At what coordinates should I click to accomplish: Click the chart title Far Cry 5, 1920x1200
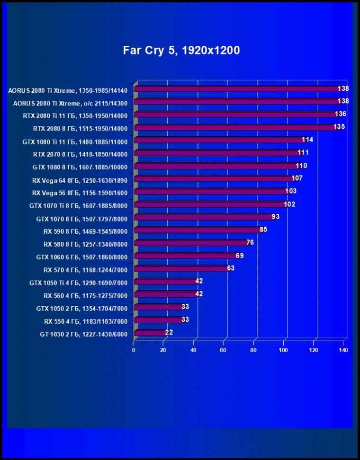[181, 51]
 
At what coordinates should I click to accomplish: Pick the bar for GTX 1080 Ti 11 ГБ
[220, 140]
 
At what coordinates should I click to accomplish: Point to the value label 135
[339, 127]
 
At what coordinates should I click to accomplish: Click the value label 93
[275, 217]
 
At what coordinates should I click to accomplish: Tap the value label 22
[169, 333]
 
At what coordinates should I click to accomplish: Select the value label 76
[250, 243]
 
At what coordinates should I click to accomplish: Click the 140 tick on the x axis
[343, 350]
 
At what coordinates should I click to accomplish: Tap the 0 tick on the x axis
[134, 350]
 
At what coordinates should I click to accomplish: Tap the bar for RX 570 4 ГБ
[181, 268]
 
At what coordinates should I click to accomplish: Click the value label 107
[297, 178]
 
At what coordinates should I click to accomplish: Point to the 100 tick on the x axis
[283, 350]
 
